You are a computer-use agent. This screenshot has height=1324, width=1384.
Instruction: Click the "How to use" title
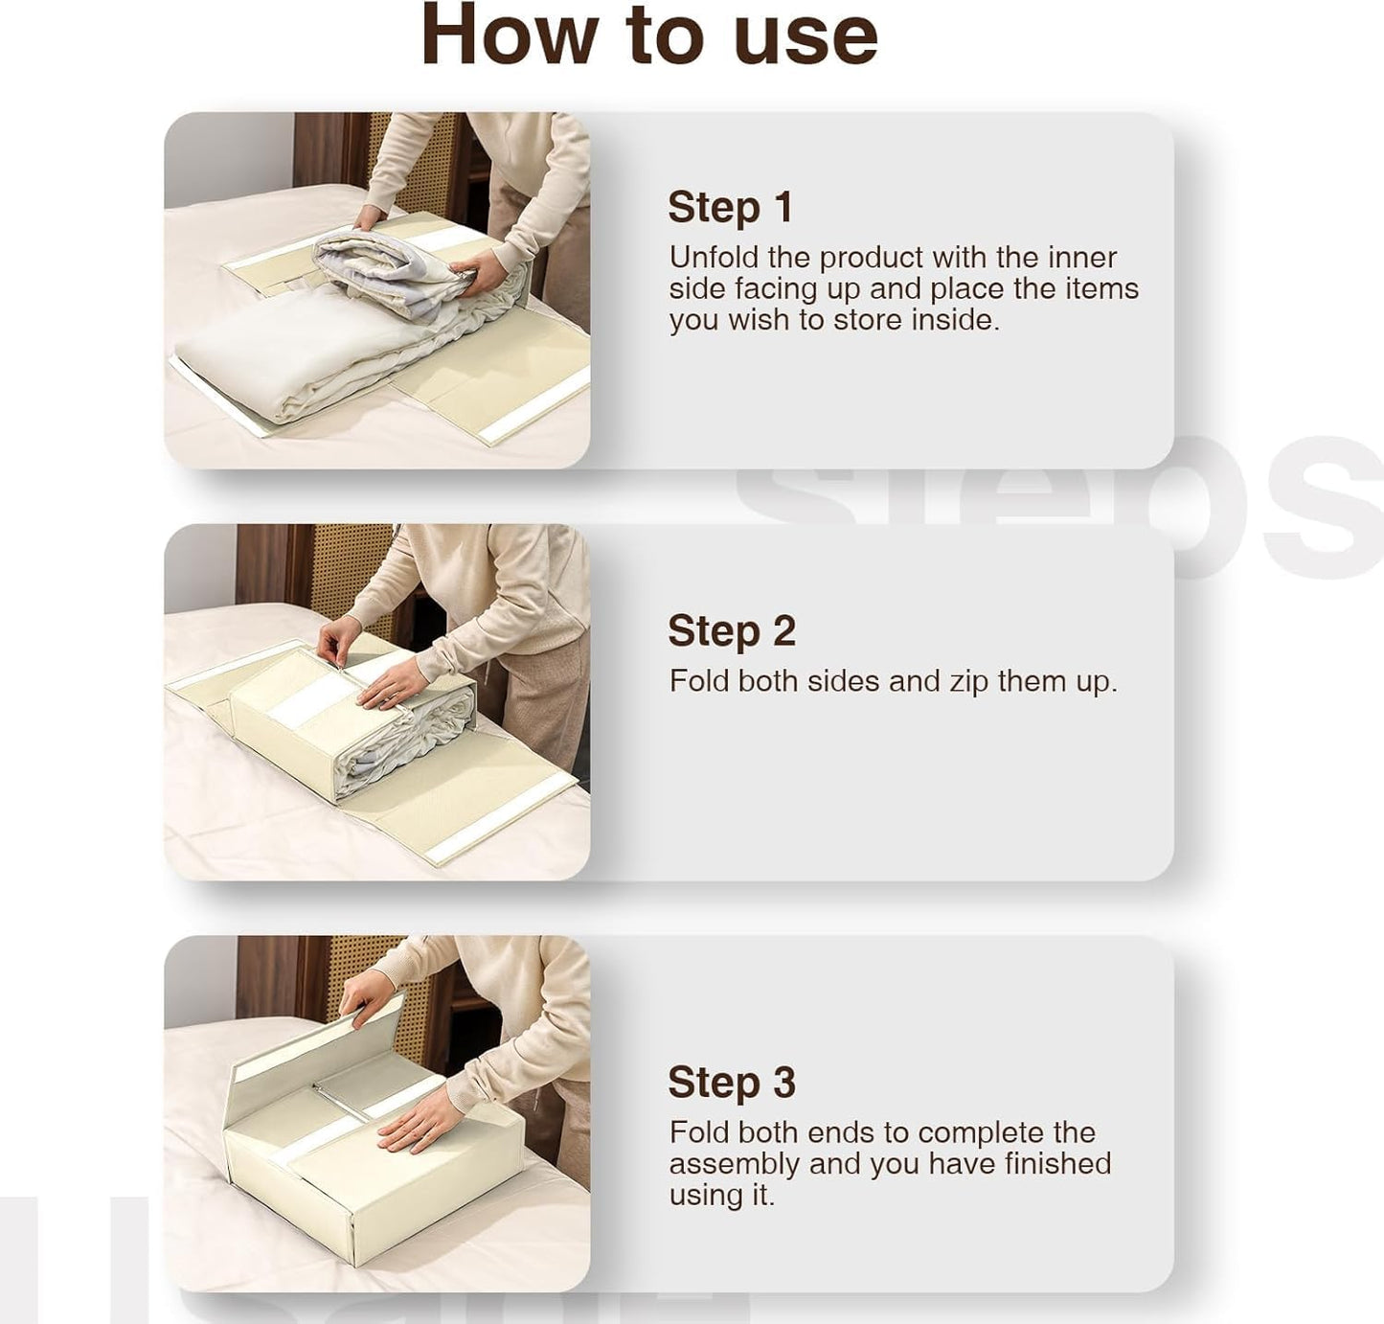(649, 36)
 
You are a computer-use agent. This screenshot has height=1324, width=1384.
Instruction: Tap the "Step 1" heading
(730, 207)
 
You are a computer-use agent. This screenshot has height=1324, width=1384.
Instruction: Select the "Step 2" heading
(732, 631)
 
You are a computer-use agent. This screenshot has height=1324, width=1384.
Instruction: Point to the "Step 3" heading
(732, 1083)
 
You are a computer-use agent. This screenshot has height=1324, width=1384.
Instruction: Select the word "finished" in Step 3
(1057, 1164)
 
